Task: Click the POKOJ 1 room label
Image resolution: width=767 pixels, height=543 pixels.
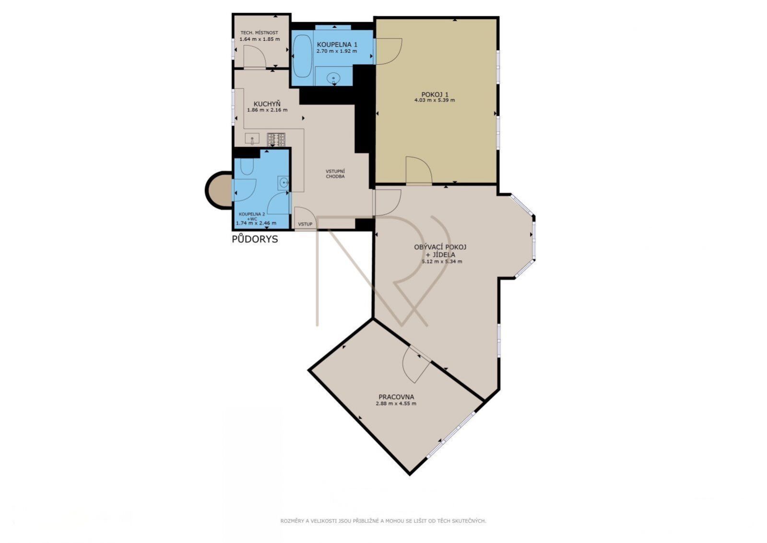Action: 435,95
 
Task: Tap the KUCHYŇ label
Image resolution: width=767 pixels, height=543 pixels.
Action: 267,104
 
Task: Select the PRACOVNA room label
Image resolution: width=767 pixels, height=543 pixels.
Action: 396,397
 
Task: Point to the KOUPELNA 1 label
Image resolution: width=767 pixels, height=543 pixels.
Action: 337,45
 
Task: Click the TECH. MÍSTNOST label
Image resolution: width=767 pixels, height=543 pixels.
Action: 259,33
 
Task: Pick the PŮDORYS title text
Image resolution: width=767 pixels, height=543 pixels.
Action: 255,239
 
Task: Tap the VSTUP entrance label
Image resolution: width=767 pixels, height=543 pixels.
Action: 305,224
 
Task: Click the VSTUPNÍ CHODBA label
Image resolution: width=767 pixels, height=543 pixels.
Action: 335,174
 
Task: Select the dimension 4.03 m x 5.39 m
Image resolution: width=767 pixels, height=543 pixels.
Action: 435,100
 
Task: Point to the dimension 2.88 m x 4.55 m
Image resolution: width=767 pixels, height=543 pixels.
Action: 396,403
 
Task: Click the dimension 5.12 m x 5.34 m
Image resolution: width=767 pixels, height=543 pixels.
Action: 442,261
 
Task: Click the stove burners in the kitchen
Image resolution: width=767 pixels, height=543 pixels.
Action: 276,140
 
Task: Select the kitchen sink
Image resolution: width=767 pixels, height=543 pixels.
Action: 252,139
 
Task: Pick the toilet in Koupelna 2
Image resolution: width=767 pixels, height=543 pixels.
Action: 247,167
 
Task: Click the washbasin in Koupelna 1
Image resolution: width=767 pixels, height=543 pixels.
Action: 333,79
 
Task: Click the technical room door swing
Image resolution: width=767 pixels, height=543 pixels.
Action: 255,57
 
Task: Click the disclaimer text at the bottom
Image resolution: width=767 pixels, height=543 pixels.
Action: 383,521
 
